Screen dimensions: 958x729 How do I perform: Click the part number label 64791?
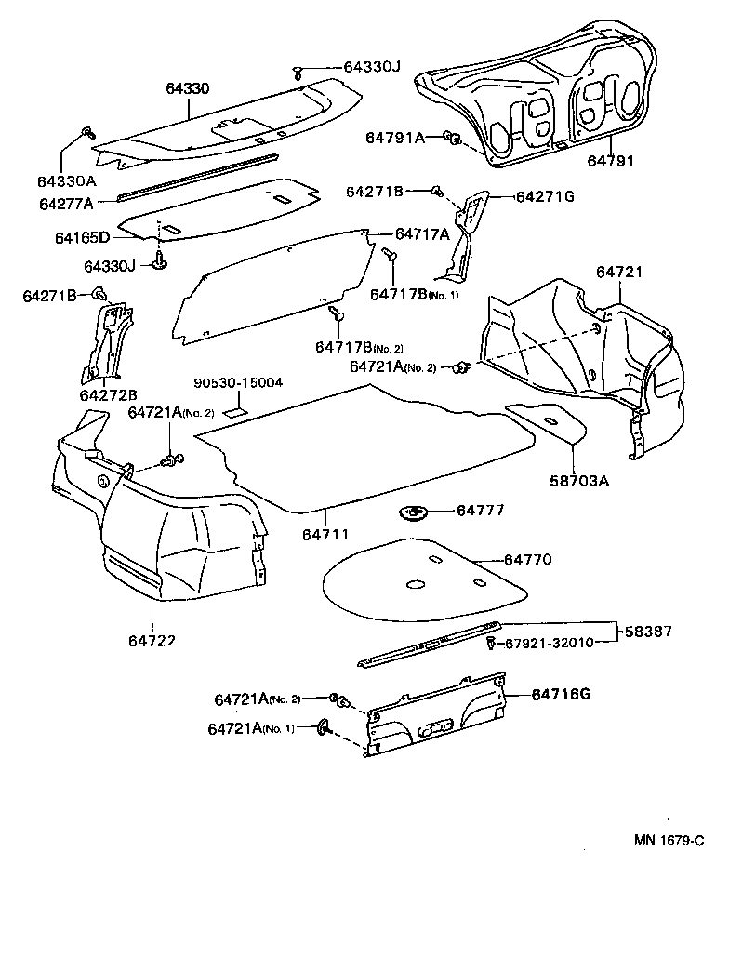click(x=610, y=160)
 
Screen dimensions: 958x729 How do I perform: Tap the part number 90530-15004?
click(x=238, y=383)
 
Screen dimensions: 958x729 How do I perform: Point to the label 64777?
click(x=481, y=511)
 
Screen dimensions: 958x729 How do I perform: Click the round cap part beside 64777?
click(x=411, y=512)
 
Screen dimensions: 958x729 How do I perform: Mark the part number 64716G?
click(x=562, y=694)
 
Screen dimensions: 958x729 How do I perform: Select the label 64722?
click(x=152, y=640)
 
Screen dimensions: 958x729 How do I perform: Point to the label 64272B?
click(x=108, y=394)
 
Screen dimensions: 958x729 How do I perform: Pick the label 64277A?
click(x=66, y=203)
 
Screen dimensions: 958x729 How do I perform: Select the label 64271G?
click(x=545, y=196)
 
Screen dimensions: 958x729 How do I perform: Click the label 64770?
click(x=527, y=560)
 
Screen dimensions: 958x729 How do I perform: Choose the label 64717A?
click(x=422, y=233)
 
